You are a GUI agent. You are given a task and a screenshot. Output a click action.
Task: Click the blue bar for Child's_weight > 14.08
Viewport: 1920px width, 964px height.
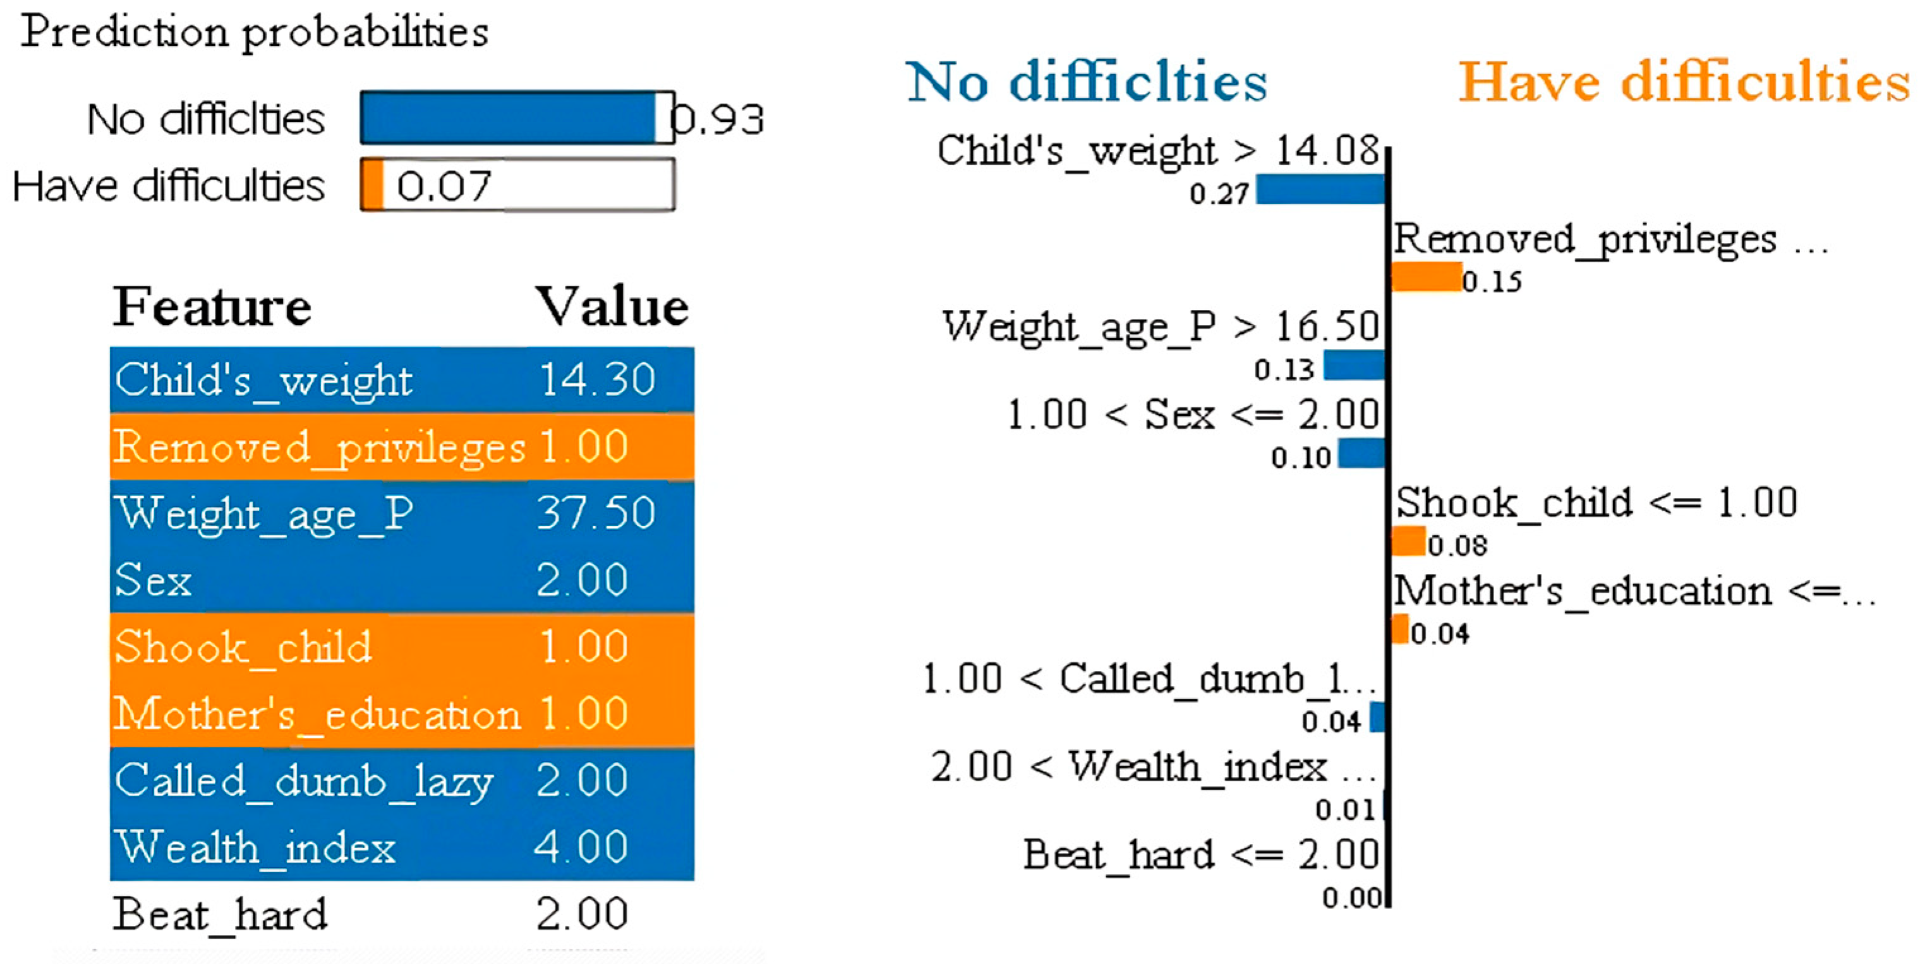[x=1320, y=189]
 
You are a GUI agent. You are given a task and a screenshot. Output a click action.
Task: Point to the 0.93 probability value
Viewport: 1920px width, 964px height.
[x=718, y=119]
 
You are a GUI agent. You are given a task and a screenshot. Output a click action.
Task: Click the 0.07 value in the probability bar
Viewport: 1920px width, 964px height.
[x=444, y=186]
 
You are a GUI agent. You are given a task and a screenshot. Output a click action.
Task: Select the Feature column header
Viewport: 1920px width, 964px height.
[x=212, y=307]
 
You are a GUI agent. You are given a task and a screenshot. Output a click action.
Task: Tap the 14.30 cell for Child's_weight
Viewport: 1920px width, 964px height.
[x=596, y=379]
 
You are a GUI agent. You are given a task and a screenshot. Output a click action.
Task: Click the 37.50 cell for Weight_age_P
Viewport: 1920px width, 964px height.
[x=596, y=513]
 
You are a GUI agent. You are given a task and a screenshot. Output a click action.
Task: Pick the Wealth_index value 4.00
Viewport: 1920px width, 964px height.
[x=581, y=847]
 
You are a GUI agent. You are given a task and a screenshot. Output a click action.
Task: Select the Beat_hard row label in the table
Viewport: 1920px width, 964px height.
[x=220, y=914]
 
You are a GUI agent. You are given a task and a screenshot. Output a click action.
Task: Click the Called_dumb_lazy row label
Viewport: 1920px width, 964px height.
[x=303, y=782]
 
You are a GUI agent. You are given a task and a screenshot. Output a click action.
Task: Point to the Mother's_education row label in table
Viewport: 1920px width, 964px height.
[x=317, y=713]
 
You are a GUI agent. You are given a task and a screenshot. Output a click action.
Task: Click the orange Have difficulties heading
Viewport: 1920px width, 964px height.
[x=1683, y=81]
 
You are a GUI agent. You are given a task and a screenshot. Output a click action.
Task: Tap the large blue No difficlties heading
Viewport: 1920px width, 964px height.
[x=1086, y=81]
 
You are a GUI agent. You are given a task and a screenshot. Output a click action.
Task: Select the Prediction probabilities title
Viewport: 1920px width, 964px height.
[x=254, y=32]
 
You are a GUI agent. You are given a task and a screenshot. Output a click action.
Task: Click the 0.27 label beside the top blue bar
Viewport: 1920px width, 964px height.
[x=1219, y=194]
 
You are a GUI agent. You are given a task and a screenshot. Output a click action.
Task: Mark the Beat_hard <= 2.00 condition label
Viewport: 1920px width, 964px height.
[x=1201, y=855]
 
